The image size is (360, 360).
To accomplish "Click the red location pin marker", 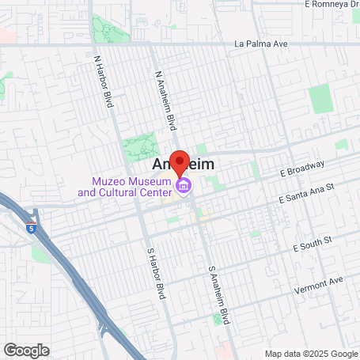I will [x=180, y=162].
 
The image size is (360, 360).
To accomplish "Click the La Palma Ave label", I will [x=258, y=44].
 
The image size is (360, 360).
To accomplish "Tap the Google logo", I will [x=26, y=350].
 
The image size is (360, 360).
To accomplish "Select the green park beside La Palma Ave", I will [x=105, y=28].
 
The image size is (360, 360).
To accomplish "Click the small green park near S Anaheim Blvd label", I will [x=218, y=319].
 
